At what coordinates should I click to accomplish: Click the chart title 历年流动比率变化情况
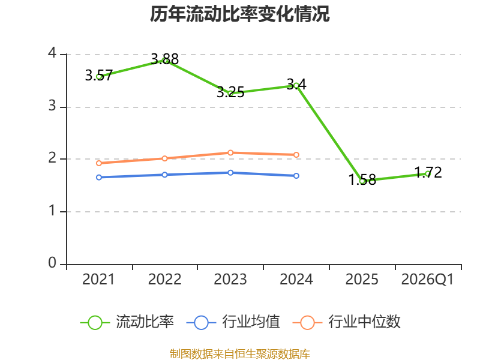[239, 14]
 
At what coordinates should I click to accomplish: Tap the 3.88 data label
[164, 59]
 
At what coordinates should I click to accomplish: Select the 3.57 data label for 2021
[99, 76]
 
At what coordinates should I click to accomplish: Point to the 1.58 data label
[362, 179]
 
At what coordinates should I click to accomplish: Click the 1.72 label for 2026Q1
[428, 172]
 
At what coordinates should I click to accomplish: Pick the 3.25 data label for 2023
[230, 92]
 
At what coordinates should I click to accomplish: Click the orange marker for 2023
[230, 153]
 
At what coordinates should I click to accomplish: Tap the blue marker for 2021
[99, 177]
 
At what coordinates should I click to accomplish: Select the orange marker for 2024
[296, 155]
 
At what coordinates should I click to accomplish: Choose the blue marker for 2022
[164, 175]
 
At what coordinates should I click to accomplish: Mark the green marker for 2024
[296, 86]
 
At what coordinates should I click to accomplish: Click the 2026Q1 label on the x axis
[427, 280]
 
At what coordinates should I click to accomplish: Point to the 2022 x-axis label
[164, 280]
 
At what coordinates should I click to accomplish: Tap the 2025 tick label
[362, 280]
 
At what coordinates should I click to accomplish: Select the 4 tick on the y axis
[52, 53]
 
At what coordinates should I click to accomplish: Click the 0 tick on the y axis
[52, 263]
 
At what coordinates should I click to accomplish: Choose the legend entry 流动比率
[127, 322]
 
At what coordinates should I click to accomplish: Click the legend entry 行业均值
[233, 322]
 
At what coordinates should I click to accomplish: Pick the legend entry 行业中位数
[347, 322]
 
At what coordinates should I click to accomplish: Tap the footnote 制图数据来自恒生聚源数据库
[240, 354]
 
